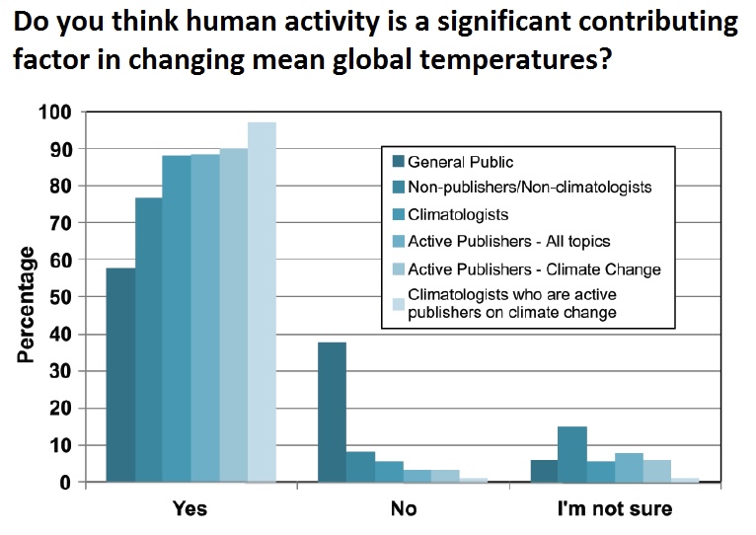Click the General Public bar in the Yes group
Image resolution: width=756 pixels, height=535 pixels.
120,375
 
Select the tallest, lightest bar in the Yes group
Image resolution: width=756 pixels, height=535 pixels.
262,302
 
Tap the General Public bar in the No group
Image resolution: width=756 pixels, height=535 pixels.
333,412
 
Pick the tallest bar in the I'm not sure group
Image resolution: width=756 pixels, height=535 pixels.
572,454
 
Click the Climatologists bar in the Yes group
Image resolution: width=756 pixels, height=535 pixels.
177,319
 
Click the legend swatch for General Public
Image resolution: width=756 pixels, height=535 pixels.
399,161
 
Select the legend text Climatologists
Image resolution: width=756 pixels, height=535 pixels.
458,214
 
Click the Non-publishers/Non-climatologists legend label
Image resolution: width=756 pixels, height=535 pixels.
530,188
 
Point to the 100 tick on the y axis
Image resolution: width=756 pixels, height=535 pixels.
55,113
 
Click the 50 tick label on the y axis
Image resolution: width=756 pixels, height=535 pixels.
60,297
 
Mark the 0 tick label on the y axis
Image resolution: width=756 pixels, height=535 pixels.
65,483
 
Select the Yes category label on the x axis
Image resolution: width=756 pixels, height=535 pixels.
189,508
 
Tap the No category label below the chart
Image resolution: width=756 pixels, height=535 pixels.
404,508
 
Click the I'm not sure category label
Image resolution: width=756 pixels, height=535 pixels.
615,508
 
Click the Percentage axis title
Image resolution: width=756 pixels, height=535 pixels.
26,304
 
